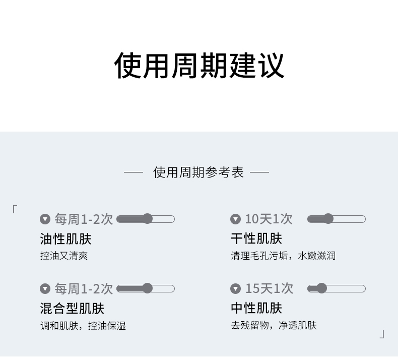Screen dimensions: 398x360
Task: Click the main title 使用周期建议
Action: click(199, 65)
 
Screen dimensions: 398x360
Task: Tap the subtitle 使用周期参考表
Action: click(198, 172)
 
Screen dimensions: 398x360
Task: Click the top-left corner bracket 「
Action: click(15, 209)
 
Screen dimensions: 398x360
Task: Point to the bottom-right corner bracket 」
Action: click(382, 334)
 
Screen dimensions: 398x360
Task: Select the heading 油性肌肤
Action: click(65, 238)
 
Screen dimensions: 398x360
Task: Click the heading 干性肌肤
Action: click(256, 238)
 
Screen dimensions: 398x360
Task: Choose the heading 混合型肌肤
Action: click(72, 308)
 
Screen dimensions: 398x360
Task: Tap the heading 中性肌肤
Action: click(256, 308)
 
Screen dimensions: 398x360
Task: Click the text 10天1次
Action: click(269, 219)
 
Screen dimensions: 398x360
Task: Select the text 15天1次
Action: click(269, 288)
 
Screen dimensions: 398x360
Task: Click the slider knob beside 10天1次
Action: click(328, 219)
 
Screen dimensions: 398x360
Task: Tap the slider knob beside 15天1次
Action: click(321, 288)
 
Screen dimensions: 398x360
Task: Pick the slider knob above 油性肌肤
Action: click(147, 219)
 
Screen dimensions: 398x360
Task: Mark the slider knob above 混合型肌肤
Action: click(147, 288)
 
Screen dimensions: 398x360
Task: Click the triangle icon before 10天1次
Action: click(235, 219)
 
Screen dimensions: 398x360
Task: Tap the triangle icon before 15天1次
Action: click(235, 288)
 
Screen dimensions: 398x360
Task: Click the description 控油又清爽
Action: click(64, 256)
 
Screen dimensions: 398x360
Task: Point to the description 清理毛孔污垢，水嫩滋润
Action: click(283, 256)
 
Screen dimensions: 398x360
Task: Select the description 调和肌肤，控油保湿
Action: click(83, 325)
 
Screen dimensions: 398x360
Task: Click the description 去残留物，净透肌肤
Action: click(274, 325)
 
